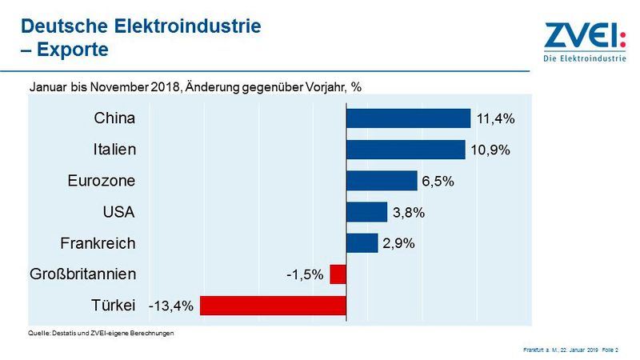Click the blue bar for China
coord(408,118)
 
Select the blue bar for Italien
coord(406,150)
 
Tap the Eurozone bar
coord(382,181)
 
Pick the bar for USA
coord(366,212)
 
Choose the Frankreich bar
coord(362,243)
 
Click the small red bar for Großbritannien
coord(338,274)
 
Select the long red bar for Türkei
coord(273,306)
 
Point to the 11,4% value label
coord(495,119)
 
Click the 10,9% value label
coord(490,150)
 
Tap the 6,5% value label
coord(438,182)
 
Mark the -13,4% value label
coord(171,306)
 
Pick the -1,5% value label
coord(305,275)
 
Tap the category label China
coord(114,118)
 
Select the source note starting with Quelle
coord(101,332)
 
